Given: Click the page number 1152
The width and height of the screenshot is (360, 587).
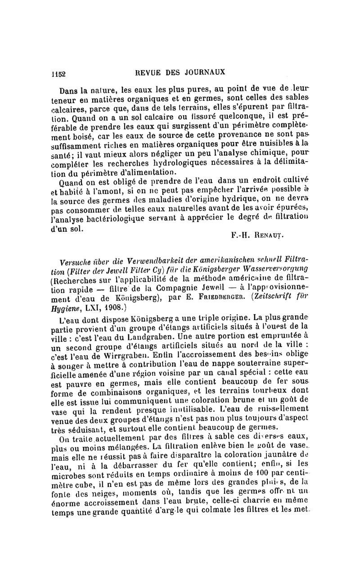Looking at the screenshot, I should [58, 73].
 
